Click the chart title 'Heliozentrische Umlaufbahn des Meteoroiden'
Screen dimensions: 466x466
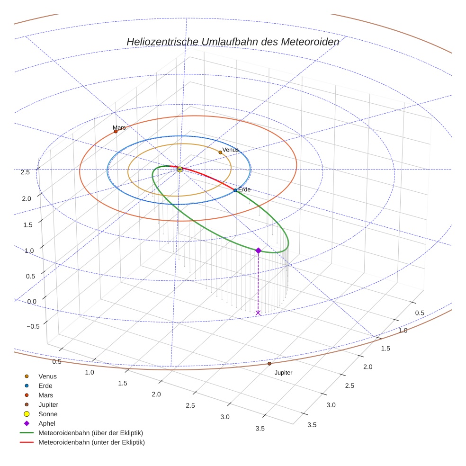click(x=233, y=42)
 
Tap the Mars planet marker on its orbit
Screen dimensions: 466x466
click(x=116, y=131)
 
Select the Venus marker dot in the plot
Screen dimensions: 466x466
click(x=220, y=152)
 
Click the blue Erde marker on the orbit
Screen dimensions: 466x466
click(x=235, y=190)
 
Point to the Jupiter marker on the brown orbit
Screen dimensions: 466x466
click(x=269, y=364)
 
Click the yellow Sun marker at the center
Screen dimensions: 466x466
click(x=179, y=169)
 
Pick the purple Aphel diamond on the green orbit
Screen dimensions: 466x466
click(x=258, y=250)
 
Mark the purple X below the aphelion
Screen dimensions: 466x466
click(x=258, y=313)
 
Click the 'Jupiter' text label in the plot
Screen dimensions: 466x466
click(x=283, y=373)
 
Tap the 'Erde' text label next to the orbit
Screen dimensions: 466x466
click(x=244, y=189)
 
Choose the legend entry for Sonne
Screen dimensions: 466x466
click(x=48, y=414)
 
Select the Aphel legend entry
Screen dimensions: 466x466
click(x=47, y=423)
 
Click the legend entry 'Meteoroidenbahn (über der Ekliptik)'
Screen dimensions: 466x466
click(x=90, y=433)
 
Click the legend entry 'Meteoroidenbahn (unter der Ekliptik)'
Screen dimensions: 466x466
click(x=91, y=442)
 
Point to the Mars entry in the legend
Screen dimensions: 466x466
click(x=46, y=395)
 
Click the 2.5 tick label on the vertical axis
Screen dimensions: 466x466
click(x=25, y=172)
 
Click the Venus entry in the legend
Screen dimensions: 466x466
click(x=47, y=376)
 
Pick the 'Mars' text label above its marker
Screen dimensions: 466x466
click(x=119, y=128)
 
